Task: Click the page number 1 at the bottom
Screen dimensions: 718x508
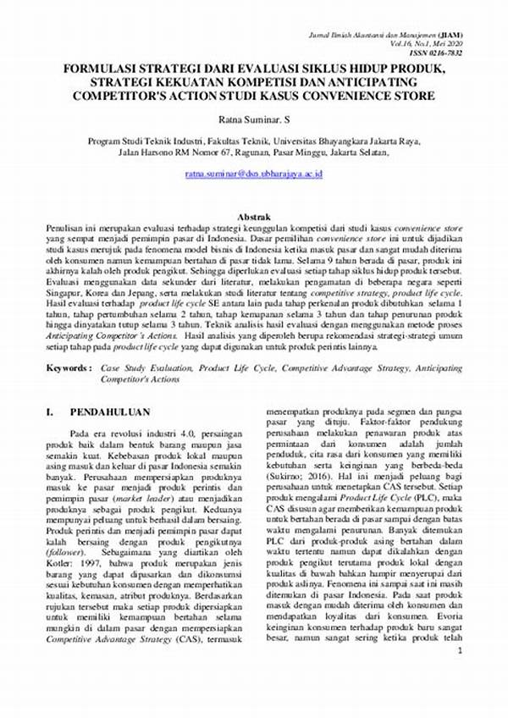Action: [458, 651]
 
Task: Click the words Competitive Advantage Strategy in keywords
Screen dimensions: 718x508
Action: [344, 369]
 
